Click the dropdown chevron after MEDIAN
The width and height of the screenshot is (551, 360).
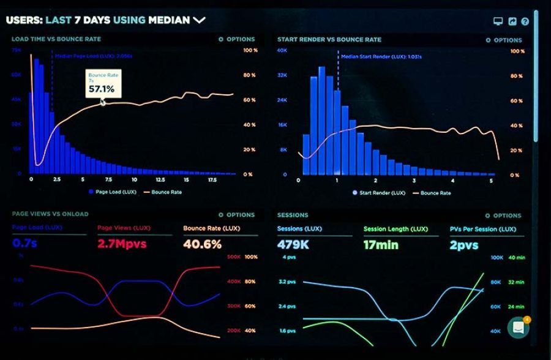(200, 20)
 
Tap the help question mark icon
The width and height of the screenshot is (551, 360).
(525, 21)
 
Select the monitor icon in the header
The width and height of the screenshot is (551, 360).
(498, 21)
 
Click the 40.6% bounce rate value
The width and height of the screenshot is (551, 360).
(202, 244)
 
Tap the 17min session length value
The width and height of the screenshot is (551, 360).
(381, 245)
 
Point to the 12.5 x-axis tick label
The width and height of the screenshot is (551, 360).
(160, 180)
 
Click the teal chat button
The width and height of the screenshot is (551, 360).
(518, 328)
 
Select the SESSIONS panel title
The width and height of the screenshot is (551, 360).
(293, 216)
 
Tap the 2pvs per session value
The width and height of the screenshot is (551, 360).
(464, 245)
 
